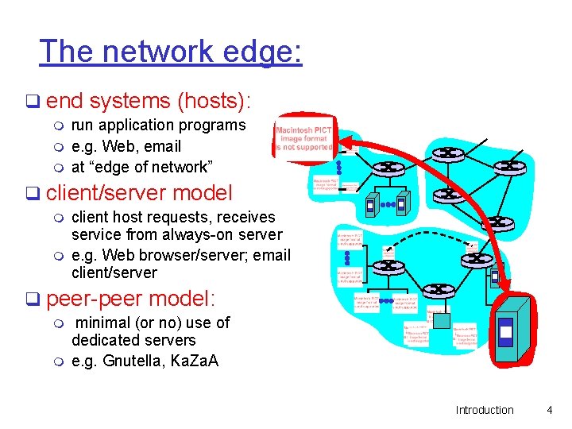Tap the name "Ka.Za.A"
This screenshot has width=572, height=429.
[195, 361]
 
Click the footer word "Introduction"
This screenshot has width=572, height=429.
[485, 410]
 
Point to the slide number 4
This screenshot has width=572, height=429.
[548, 410]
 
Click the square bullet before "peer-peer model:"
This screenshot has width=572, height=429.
[32, 300]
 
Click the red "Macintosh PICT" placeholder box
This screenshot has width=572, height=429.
[305, 136]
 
